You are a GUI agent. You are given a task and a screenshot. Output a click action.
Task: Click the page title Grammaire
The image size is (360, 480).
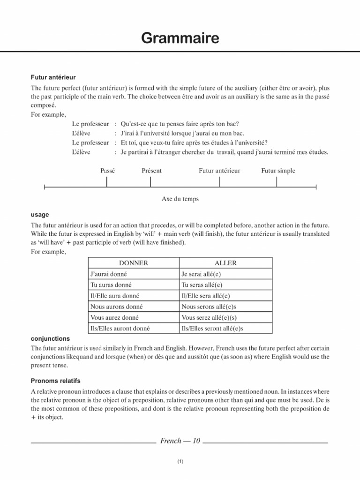click(180, 38)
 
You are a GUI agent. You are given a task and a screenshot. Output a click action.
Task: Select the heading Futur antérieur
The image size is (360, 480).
click(53, 76)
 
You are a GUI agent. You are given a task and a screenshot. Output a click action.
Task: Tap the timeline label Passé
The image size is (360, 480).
click(107, 171)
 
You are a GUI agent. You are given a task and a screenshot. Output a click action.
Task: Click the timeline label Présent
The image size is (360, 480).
click(151, 171)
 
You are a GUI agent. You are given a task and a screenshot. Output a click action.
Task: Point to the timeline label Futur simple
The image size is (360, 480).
click(278, 171)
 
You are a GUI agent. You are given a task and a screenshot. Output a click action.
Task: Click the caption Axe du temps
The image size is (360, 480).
click(180, 199)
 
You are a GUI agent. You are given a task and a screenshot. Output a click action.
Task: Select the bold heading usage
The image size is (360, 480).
click(40, 214)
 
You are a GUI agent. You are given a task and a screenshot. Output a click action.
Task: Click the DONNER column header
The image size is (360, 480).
click(134, 263)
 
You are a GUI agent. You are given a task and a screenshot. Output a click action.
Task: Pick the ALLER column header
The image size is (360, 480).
click(225, 263)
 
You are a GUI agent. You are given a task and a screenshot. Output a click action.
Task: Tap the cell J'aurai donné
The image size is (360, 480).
click(108, 274)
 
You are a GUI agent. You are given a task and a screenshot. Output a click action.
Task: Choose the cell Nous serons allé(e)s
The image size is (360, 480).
click(209, 307)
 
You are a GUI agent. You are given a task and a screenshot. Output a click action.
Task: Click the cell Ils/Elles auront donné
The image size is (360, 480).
click(120, 328)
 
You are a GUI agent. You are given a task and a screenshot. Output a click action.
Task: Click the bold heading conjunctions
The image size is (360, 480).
click(50, 338)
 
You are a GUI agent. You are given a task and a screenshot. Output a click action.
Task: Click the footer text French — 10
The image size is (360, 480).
click(180, 441)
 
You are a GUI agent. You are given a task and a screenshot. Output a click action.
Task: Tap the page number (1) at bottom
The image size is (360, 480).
click(180, 462)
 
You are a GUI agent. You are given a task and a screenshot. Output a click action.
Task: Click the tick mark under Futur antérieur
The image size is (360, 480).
click(220, 181)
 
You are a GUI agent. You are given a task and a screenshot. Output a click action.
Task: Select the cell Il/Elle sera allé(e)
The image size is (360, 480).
click(206, 296)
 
